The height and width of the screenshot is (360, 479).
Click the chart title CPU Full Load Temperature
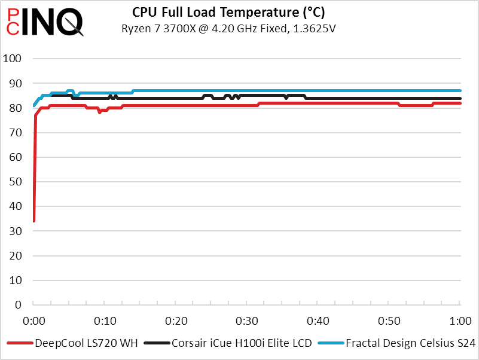tap(233, 12)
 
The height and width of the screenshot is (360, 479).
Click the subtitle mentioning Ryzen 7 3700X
tap(232, 28)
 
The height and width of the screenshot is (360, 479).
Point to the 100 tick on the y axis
tap(13, 59)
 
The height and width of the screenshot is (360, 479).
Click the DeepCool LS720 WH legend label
tap(86, 344)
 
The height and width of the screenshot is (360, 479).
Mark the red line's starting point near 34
tap(33, 221)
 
